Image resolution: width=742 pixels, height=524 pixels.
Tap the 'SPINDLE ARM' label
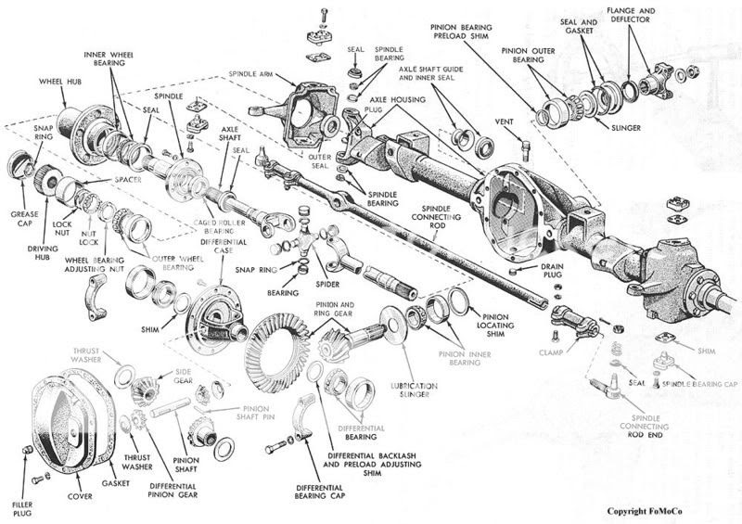coord(254,74)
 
